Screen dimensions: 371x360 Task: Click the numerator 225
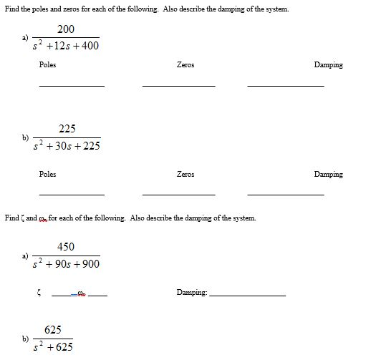[x=67, y=129]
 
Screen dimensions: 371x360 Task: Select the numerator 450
[x=66, y=246]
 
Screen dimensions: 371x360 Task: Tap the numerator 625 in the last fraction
[x=52, y=330]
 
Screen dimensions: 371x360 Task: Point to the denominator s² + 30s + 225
[x=67, y=146]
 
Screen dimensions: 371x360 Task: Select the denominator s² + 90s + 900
[x=67, y=264]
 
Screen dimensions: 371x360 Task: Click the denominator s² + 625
[x=53, y=347]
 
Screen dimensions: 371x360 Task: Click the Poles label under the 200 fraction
[x=48, y=65]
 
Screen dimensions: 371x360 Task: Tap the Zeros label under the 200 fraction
[x=185, y=65]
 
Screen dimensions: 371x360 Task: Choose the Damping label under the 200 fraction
[x=328, y=65]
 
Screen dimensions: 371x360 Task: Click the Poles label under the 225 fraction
[x=48, y=174]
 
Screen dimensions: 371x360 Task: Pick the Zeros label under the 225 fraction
[x=185, y=174]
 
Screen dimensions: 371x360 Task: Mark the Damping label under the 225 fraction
[x=328, y=174]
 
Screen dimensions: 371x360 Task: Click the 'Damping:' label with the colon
[x=192, y=292]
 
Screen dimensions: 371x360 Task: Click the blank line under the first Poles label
[x=72, y=86]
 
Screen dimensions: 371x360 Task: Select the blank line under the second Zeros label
[x=178, y=195]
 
